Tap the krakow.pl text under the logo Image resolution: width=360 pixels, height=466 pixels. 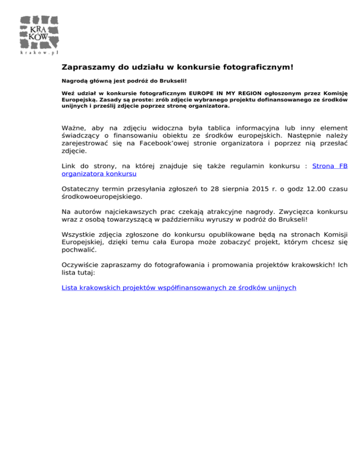coord(39,53)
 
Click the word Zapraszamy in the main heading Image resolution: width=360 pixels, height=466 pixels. coord(88,67)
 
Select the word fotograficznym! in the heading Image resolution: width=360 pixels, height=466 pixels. coord(257,67)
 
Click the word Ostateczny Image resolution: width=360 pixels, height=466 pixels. coord(83,188)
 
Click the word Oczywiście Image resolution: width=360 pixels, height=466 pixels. coord(82,264)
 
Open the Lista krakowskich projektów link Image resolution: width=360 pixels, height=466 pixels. coord(179,287)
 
